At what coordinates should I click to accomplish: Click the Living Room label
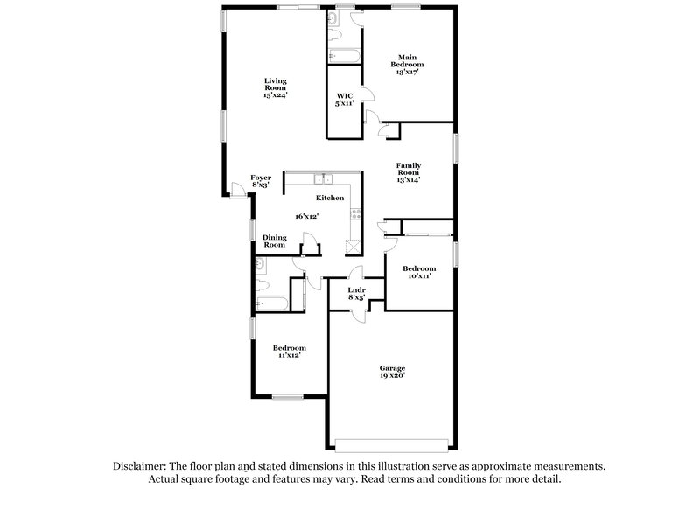click(x=276, y=88)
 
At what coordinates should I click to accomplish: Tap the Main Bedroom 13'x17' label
click(x=409, y=66)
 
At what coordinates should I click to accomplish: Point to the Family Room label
click(x=409, y=172)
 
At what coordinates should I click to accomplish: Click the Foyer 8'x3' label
click(x=261, y=181)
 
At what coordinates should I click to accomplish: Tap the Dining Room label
click(x=275, y=241)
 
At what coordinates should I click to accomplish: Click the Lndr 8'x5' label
click(x=356, y=293)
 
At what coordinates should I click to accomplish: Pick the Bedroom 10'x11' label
click(x=417, y=272)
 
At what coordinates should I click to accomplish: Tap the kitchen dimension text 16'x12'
click(x=306, y=216)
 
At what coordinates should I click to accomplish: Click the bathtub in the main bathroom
click(x=344, y=54)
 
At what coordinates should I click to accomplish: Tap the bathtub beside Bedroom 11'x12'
click(x=272, y=303)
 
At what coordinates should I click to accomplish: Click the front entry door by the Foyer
click(x=237, y=188)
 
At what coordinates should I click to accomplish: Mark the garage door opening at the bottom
click(x=394, y=441)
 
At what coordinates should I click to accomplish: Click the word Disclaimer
click(x=143, y=466)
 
